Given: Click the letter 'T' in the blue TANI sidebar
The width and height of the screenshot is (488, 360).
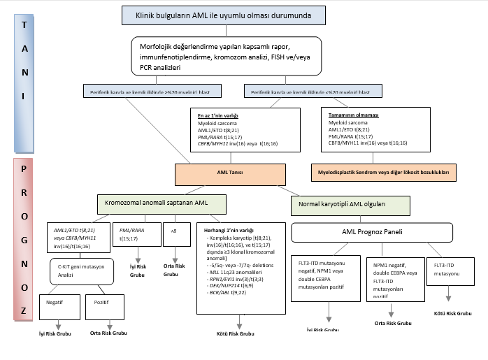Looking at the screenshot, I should pos(24,25).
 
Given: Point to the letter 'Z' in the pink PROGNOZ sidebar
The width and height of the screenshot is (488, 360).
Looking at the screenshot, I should pos(24,309).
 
